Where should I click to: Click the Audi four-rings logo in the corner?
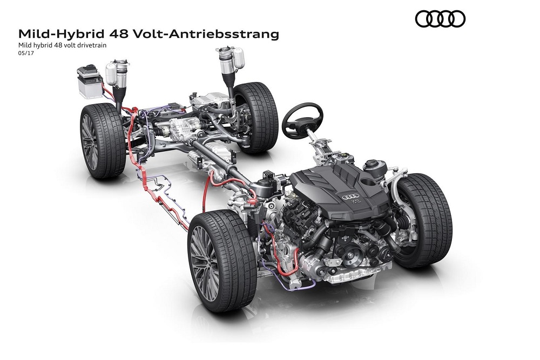tap(440, 18)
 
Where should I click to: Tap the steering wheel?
tap(302, 120)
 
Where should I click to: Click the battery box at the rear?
tap(90, 82)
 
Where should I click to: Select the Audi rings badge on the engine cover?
tap(350, 197)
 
